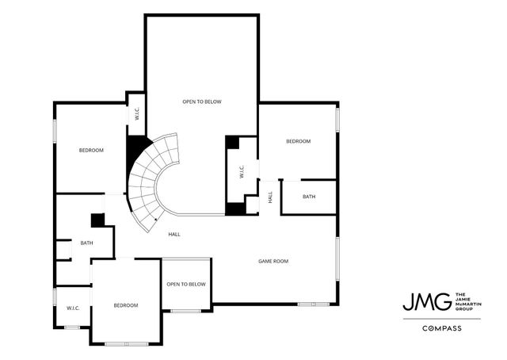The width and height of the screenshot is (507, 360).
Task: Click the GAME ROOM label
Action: (x=273, y=261)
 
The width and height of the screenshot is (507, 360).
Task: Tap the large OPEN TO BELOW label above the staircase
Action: (x=201, y=101)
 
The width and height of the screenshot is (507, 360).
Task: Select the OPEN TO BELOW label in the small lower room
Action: (x=186, y=284)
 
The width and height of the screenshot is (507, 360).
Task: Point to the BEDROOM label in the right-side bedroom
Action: (x=298, y=141)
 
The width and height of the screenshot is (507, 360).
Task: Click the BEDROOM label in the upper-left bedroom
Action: (x=91, y=150)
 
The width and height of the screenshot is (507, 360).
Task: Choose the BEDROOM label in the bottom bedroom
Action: (x=125, y=305)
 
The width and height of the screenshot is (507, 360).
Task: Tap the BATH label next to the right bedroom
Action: (x=308, y=197)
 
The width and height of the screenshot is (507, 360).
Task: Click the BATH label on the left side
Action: (x=86, y=243)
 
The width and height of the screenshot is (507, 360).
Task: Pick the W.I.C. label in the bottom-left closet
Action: (x=73, y=308)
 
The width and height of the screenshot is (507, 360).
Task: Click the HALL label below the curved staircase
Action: (x=173, y=234)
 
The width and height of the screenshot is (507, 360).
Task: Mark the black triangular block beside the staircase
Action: (x=136, y=149)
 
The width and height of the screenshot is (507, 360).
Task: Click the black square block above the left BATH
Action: (x=98, y=220)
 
